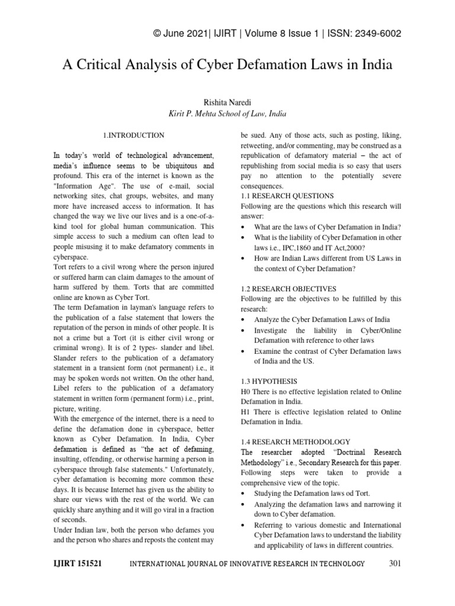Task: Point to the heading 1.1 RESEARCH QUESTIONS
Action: (x=287, y=196)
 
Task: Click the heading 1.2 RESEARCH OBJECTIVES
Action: (x=288, y=288)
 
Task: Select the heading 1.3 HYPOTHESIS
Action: (x=269, y=381)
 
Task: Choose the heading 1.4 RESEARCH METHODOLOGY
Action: (x=296, y=441)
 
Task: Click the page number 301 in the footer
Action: (x=395, y=563)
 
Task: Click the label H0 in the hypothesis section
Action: (x=246, y=391)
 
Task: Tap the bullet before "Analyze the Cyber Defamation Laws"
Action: (x=245, y=320)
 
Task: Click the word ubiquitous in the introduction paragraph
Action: (x=180, y=165)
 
